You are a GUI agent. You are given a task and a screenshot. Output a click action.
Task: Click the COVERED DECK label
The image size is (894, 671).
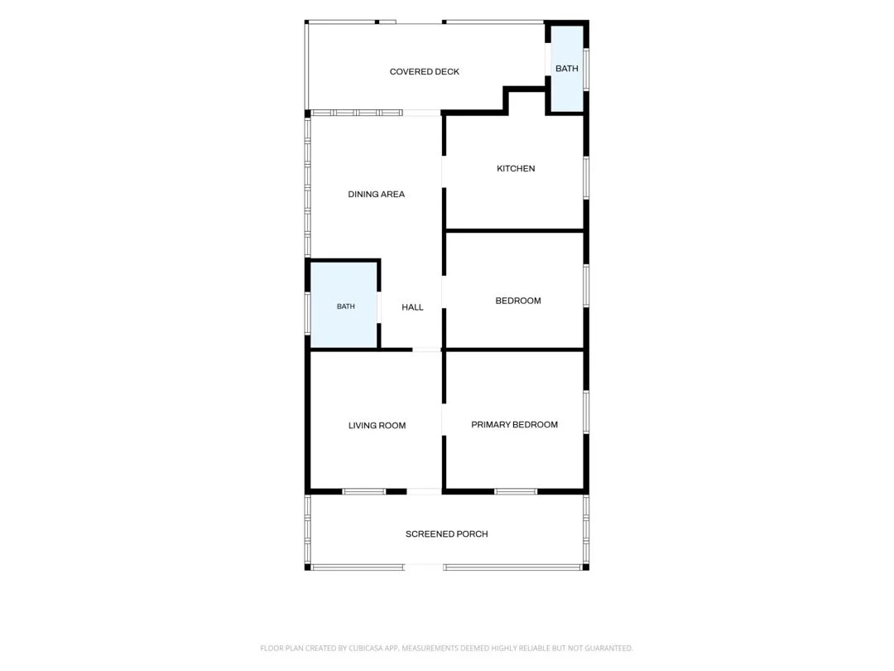[x=424, y=71]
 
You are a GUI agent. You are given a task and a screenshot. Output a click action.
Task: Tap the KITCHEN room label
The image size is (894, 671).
[x=516, y=168]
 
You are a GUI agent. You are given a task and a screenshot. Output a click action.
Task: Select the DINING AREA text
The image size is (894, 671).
[x=377, y=194]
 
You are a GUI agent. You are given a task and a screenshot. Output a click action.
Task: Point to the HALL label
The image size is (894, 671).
[x=412, y=307]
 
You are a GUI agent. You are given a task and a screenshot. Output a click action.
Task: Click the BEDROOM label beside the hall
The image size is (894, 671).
[x=517, y=301]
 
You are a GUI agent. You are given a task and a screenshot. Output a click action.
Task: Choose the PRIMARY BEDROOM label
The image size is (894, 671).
[x=514, y=424]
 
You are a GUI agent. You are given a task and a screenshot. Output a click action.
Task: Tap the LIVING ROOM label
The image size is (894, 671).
[x=377, y=425]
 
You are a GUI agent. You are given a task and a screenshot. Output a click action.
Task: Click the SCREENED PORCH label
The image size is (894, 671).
[x=446, y=534]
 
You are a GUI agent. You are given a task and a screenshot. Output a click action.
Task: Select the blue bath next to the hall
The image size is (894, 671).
[x=344, y=305]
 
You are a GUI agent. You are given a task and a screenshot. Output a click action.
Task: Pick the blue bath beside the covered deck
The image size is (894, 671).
[x=565, y=69]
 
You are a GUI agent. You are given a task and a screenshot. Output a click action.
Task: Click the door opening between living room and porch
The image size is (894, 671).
[x=424, y=491]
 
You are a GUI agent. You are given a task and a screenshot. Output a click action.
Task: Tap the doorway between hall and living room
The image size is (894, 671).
[x=426, y=350]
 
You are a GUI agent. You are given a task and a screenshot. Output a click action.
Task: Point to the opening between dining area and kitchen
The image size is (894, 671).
[x=444, y=171]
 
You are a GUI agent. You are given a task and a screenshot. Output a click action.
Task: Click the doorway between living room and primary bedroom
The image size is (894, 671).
[x=444, y=420]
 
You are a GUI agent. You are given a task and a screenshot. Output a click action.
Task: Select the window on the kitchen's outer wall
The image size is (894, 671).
[x=586, y=178]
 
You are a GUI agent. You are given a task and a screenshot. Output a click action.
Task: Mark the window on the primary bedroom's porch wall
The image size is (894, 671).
[x=516, y=491]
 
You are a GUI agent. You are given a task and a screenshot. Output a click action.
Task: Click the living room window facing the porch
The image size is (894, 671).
[x=364, y=491]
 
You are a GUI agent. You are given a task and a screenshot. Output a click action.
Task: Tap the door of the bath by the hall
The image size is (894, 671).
[x=378, y=307]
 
